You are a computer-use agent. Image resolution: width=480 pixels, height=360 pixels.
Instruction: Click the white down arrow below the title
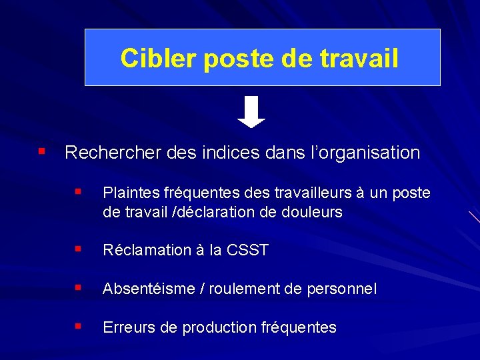pyautogui.click(x=251, y=111)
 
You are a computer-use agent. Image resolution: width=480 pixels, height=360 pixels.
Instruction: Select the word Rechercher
pyautogui.click(x=112, y=153)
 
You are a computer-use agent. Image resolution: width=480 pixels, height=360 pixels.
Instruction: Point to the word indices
pyautogui.click(x=228, y=153)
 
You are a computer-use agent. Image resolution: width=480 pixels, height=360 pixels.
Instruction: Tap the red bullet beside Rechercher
pyautogui.click(x=42, y=151)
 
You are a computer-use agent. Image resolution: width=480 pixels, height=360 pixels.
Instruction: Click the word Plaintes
pyautogui.click(x=127, y=193)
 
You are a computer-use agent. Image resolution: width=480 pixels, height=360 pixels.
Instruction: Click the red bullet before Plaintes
pyautogui.click(x=79, y=191)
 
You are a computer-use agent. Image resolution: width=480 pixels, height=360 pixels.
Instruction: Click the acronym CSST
pyautogui.click(x=247, y=250)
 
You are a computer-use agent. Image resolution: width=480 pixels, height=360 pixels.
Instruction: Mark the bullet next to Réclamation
pyautogui.click(x=79, y=249)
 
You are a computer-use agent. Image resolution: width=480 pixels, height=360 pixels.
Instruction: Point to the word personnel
pyautogui.click(x=345, y=289)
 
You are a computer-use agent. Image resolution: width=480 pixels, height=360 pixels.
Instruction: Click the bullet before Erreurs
pyautogui.click(x=79, y=327)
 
